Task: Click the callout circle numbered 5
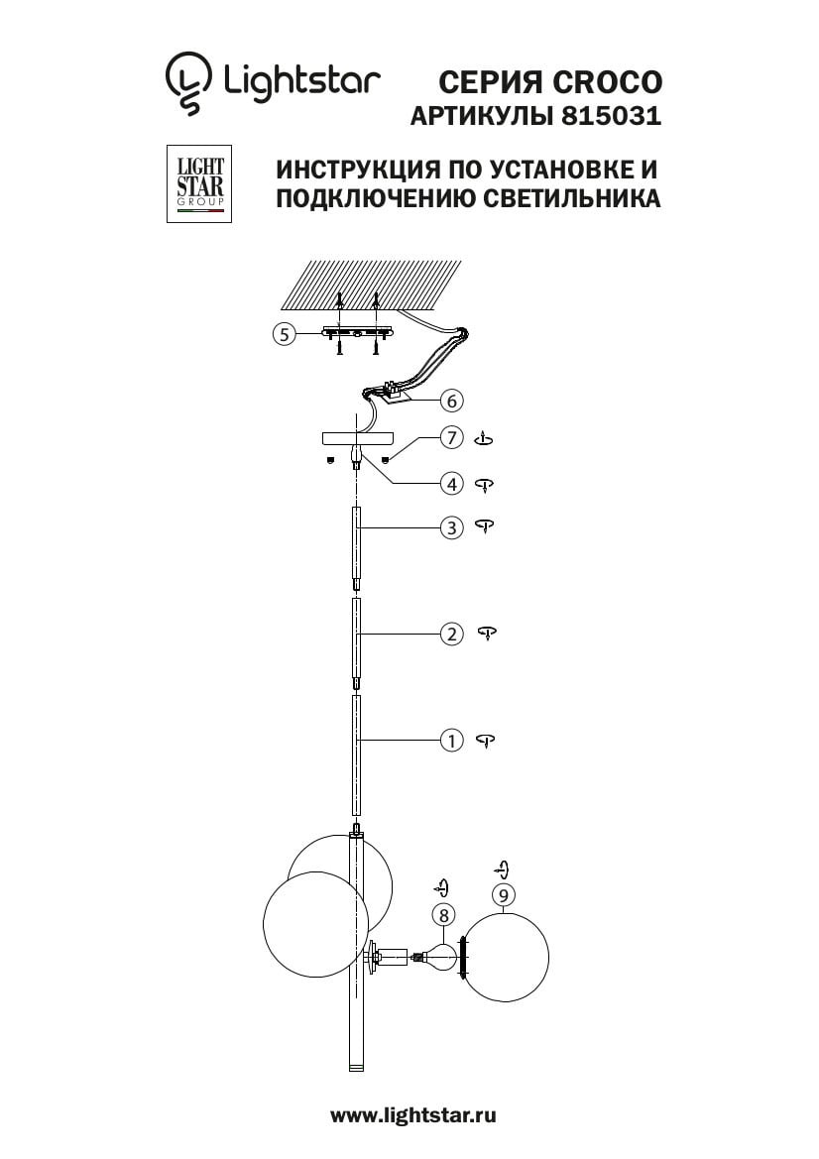(284, 333)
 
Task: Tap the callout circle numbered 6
(451, 401)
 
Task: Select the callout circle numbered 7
(451, 437)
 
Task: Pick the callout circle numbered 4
(451, 484)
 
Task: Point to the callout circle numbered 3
(451, 527)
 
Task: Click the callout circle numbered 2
(451, 635)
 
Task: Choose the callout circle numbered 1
(451, 740)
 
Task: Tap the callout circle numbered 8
(443, 916)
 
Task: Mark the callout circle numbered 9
(504, 895)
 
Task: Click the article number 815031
(612, 116)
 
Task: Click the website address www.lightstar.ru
(413, 1115)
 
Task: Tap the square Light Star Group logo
(199, 184)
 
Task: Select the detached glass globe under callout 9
(507, 957)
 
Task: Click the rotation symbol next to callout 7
(484, 438)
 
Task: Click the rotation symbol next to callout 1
(486, 741)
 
